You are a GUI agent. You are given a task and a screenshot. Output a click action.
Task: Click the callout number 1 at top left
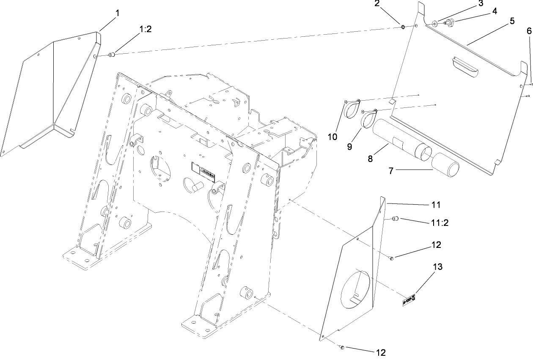(117, 13)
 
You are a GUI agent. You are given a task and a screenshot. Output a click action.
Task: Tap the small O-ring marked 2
(403, 27)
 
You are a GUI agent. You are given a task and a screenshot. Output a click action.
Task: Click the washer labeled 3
(435, 24)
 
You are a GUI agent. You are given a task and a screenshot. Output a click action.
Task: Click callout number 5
(512, 21)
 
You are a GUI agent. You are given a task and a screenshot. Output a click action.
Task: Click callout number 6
(529, 31)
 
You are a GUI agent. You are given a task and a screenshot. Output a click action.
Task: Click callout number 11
(436, 205)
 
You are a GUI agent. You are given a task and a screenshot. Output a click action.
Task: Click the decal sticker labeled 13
(409, 300)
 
